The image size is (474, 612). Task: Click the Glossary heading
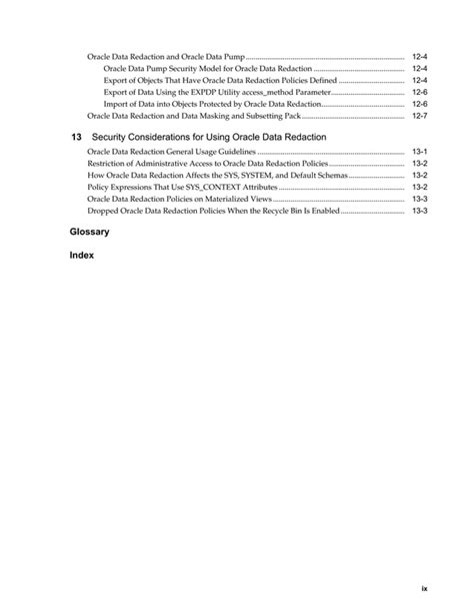pyautogui.click(x=89, y=231)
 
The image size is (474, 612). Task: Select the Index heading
pyautogui.click(x=81, y=256)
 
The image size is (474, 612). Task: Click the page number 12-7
pyautogui.click(x=419, y=116)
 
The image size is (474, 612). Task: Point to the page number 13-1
pyautogui.click(x=419, y=151)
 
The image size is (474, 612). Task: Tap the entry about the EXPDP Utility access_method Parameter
pyautogui.click(x=215, y=92)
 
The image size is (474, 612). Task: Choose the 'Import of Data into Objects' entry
pyautogui.click(x=211, y=104)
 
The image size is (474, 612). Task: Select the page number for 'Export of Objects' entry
pyautogui.click(x=419, y=80)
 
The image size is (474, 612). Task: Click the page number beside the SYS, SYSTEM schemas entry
pyautogui.click(x=419, y=175)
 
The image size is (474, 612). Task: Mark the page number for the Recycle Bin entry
pyautogui.click(x=419, y=211)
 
